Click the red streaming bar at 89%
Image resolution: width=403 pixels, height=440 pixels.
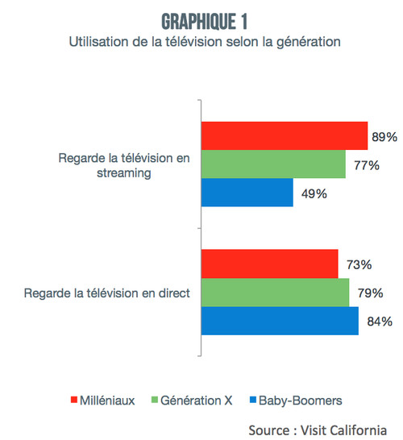[284, 137]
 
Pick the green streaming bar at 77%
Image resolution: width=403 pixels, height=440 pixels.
[273, 164]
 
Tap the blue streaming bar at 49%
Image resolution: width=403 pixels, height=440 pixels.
[247, 193]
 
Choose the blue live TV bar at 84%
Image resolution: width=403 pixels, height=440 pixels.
[279, 321]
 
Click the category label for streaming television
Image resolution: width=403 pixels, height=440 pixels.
[125, 165]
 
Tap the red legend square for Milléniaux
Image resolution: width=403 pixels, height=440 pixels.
[74, 400]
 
